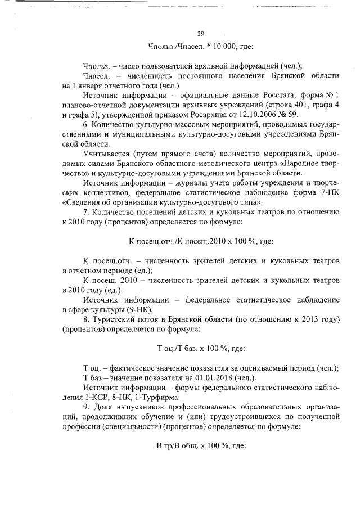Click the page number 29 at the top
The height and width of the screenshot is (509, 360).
coord(201,33)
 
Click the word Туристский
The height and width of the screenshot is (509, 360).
coord(118,318)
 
